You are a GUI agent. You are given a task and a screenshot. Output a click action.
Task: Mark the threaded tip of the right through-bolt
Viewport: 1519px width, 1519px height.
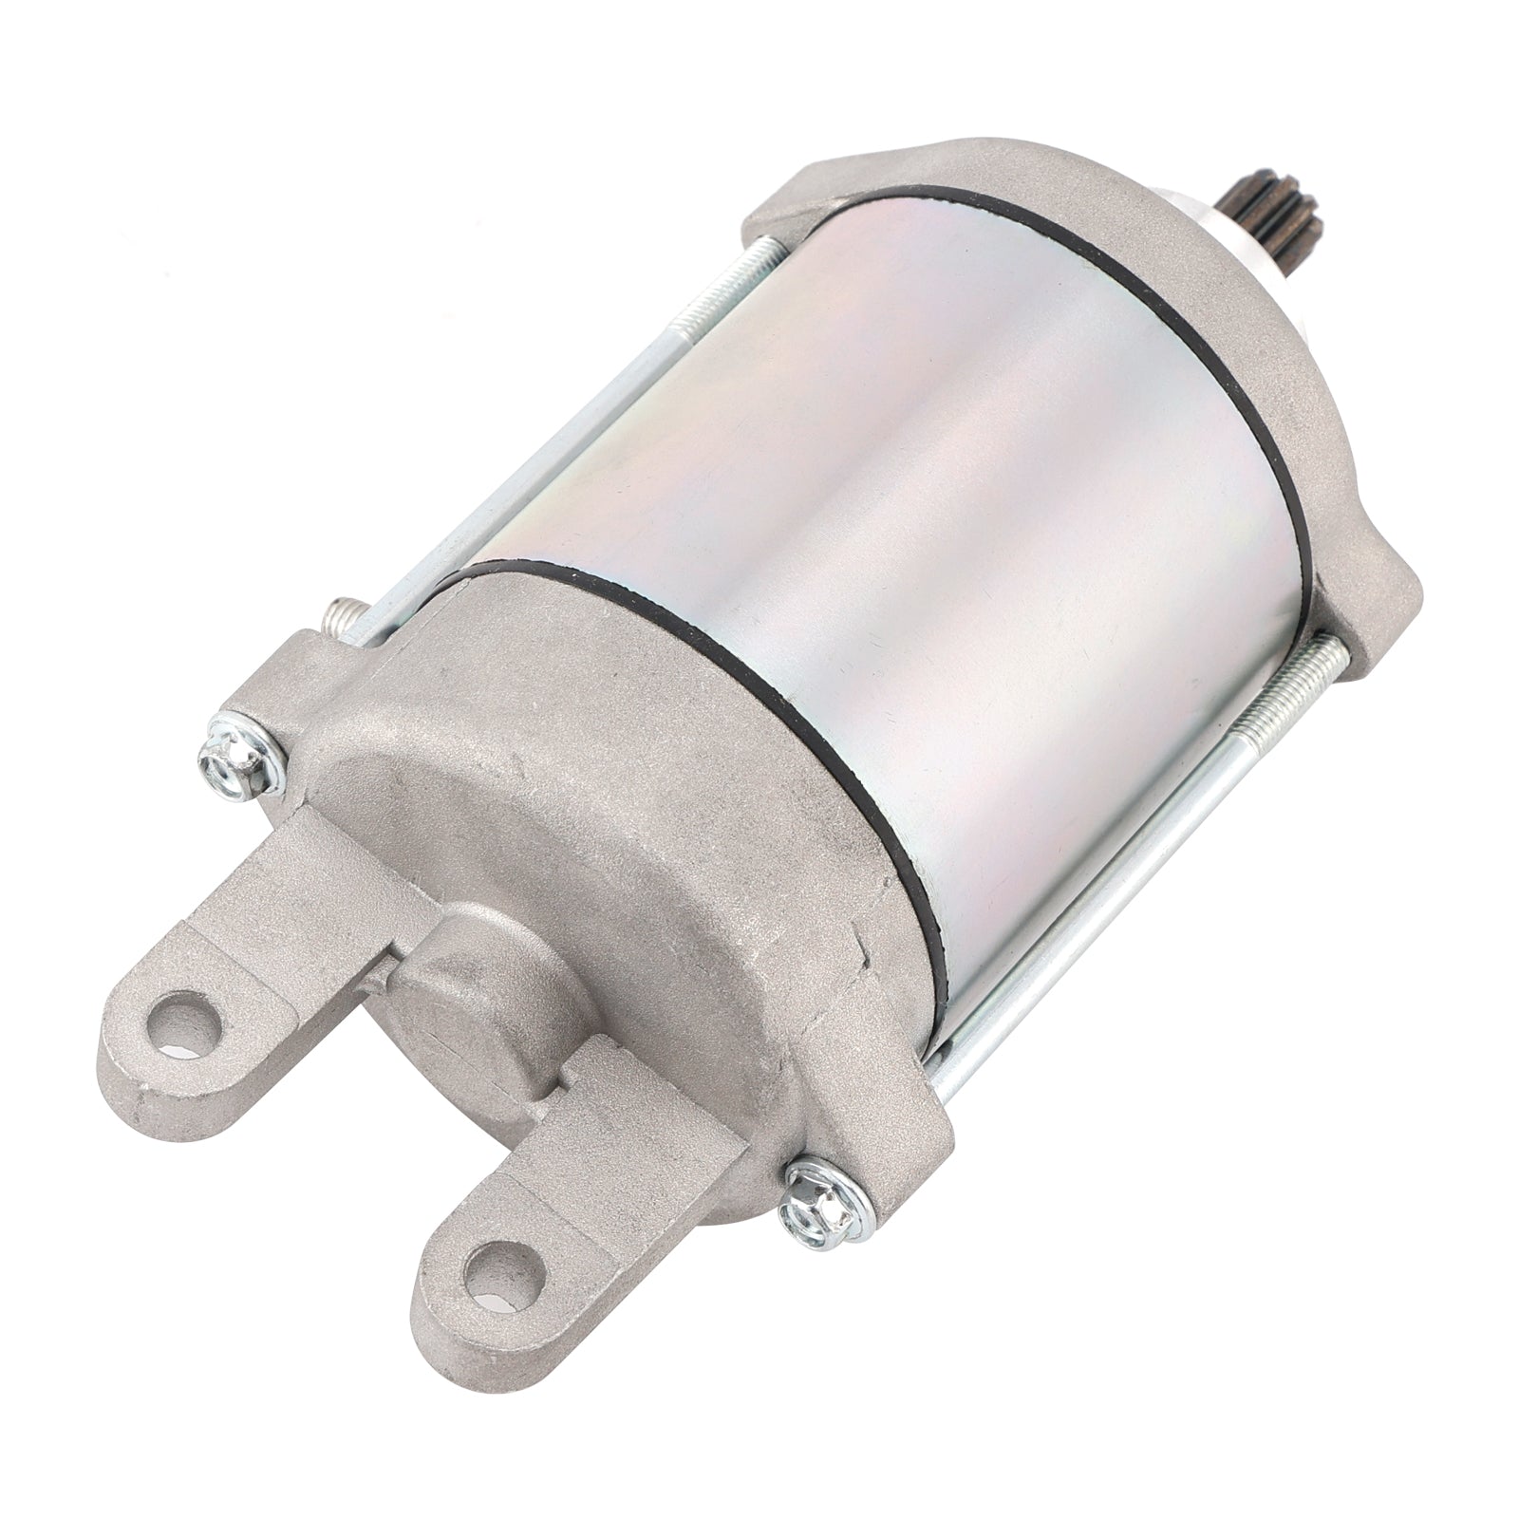point(1329,665)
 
